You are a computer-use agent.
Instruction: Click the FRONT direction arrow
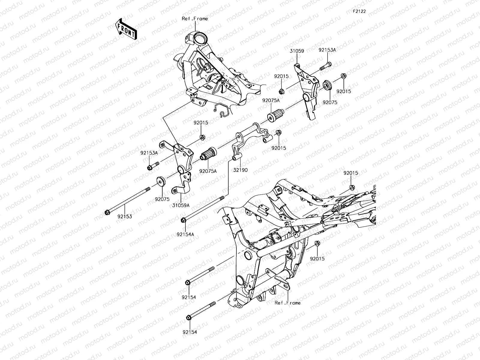tap(126, 29)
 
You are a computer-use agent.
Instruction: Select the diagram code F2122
tap(359, 11)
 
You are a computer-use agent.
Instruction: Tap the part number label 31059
tap(297, 51)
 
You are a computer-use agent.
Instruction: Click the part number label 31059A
tap(181, 205)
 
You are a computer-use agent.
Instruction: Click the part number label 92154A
tap(185, 234)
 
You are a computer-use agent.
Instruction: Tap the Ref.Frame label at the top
tap(195, 19)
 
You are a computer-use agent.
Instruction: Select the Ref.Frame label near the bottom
tap(287, 303)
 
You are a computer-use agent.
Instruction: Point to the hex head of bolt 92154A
tap(184, 220)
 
